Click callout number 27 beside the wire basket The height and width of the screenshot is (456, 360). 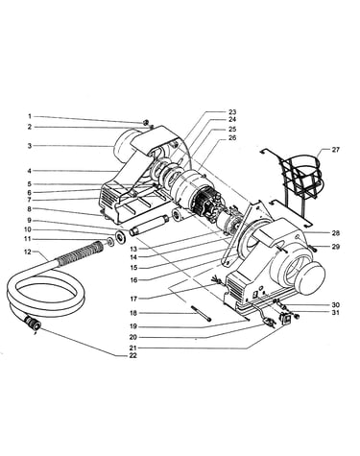point(335,150)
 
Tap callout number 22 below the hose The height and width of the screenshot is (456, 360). point(132,355)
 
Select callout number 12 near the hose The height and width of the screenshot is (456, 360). point(29,252)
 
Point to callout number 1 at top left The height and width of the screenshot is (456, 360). point(30,116)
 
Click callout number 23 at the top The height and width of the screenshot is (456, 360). point(232,112)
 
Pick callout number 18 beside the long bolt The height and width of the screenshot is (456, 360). point(133,313)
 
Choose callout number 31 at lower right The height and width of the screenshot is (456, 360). point(335,312)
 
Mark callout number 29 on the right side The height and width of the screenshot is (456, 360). point(335,247)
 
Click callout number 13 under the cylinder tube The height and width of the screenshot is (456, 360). point(133,249)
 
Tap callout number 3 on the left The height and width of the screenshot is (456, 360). point(30,146)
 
